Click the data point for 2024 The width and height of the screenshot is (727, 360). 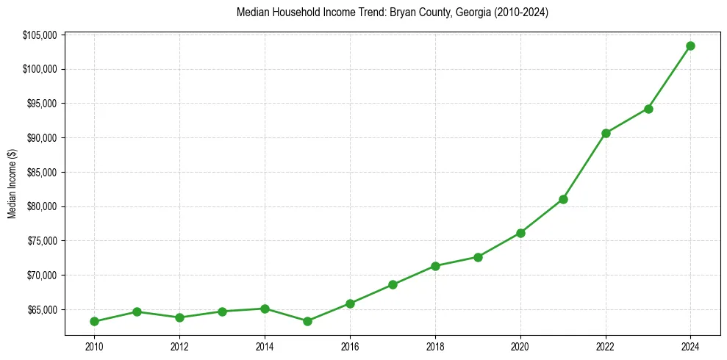(690, 46)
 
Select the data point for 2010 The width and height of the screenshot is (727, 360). (94, 321)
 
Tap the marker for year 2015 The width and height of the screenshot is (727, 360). (307, 321)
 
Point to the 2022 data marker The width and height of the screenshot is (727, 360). (606, 133)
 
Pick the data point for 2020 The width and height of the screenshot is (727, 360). (520, 233)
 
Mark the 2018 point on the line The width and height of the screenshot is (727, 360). (435, 266)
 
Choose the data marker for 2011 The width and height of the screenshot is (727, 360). (137, 312)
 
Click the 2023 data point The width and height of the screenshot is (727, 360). (648, 109)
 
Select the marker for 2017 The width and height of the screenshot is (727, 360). (393, 284)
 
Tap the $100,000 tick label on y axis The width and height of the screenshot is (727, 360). (40, 69)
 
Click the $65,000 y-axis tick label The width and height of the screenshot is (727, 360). (41, 309)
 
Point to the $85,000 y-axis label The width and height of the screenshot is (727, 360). (41, 172)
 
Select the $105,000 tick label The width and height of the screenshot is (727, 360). (40, 35)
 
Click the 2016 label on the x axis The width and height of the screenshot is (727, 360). (350, 347)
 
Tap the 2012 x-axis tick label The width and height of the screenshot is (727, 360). (179, 347)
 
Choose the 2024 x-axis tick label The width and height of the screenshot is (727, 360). (690, 347)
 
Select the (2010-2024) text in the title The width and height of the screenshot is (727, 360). (515, 12)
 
